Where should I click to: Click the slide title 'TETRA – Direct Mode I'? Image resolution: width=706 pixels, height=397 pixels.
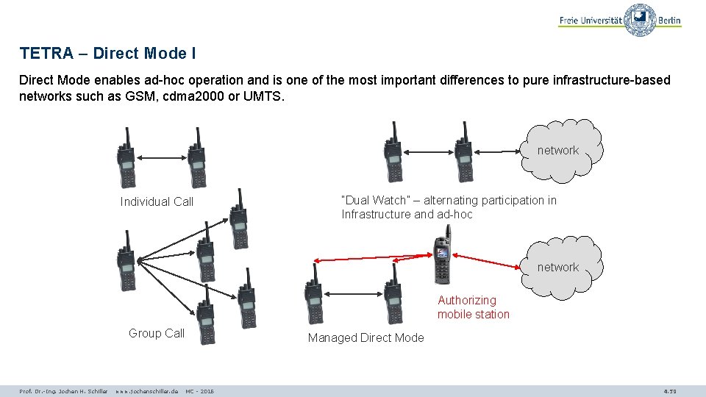(x=107, y=54)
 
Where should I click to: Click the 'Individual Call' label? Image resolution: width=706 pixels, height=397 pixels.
(x=157, y=201)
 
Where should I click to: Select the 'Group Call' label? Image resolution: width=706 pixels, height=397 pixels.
(x=157, y=333)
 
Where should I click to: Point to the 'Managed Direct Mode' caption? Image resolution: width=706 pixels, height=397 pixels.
(x=366, y=337)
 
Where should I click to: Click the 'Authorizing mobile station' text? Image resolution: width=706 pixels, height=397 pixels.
(x=473, y=307)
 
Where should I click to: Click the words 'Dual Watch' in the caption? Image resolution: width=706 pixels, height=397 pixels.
(x=374, y=200)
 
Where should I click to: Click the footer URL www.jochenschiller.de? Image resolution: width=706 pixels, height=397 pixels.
(x=146, y=391)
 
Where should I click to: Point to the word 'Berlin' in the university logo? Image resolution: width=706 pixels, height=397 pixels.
(x=668, y=21)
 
